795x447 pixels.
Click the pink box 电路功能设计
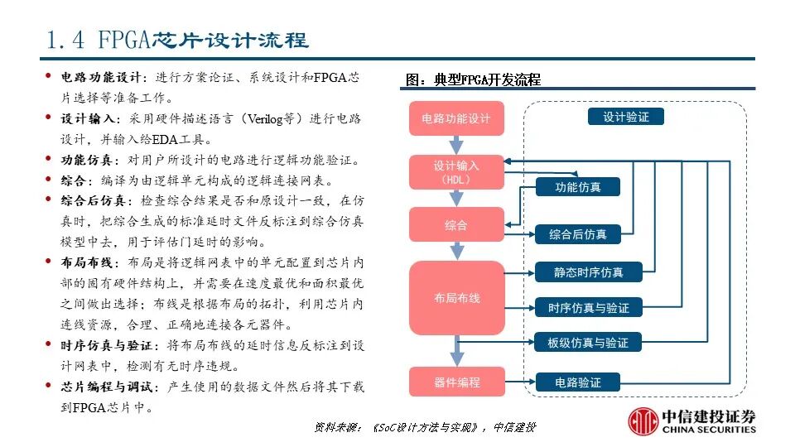tap(456, 118)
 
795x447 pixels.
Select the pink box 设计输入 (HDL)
tap(456, 171)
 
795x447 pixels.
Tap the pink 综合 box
tap(456, 225)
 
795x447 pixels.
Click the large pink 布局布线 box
tap(456, 297)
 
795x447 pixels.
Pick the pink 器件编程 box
tap(456, 382)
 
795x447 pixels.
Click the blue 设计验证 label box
tap(626, 117)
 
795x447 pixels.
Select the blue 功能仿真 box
tap(577, 187)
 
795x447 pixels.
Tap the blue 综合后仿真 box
tap(577, 234)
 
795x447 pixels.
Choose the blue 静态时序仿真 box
tap(588, 272)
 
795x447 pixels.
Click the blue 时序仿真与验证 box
tap(588, 307)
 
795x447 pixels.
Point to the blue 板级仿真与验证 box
tap(588, 342)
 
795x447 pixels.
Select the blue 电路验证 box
tap(577, 382)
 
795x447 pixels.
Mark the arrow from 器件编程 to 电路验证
tap(519, 382)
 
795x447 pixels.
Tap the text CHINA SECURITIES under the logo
tap(710, 430)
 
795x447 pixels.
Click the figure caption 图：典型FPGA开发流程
tap(473, 80)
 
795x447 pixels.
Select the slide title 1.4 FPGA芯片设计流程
tap(178, 40)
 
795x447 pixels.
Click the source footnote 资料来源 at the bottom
tap(425, 427)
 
